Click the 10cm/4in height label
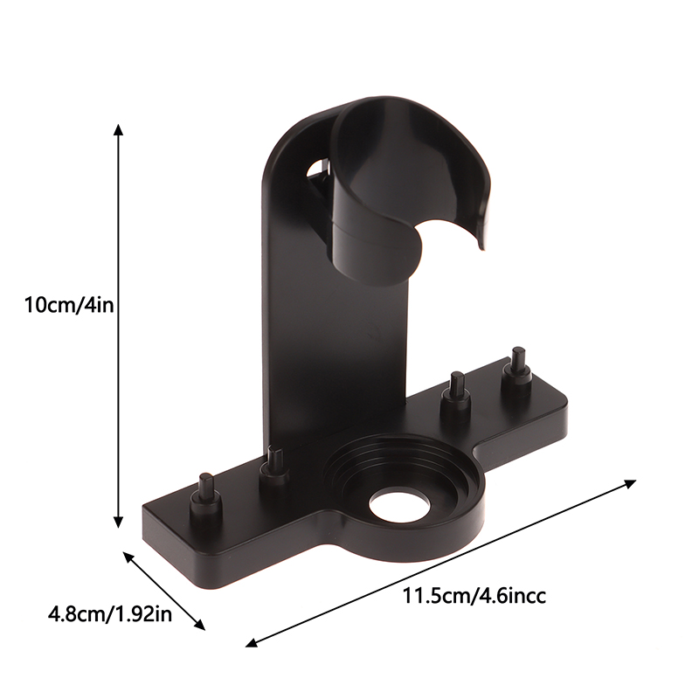coord(69,306)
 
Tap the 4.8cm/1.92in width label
coord(110,615)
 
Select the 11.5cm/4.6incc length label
coord(474,596)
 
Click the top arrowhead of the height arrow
coord(118,129)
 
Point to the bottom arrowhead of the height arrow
coord(118,522)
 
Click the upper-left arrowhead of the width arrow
coord(128,557)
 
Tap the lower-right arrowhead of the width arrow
coord(200,625)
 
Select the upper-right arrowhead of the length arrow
coord(630,483)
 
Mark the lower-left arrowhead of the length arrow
coord(252,642)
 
